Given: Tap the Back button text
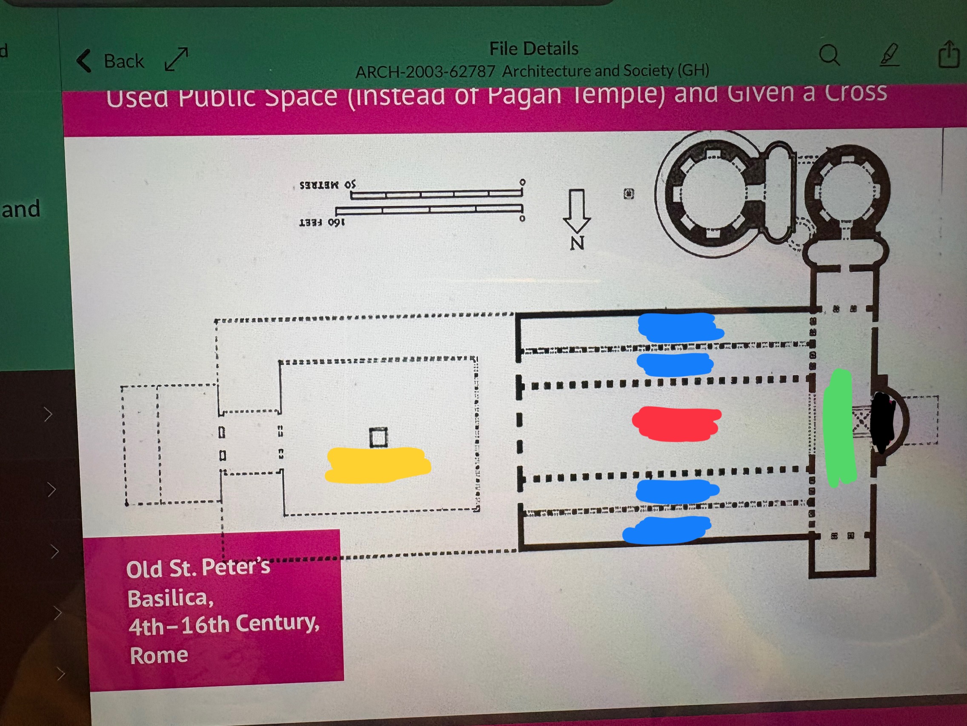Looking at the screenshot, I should (124, 61).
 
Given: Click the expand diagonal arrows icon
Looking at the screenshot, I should (176, 60).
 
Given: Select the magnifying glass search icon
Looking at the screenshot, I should (829, 55).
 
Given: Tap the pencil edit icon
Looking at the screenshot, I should (890, 55).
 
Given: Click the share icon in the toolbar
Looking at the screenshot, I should (948, 55).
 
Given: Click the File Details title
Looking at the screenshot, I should (534, 49).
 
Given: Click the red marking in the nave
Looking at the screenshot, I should (676, 423).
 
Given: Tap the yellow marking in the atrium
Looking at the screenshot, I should (378, 464).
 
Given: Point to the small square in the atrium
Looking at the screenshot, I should (378, 437).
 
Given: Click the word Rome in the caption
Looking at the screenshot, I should (159, 656).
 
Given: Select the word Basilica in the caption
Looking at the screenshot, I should (171, 598).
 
